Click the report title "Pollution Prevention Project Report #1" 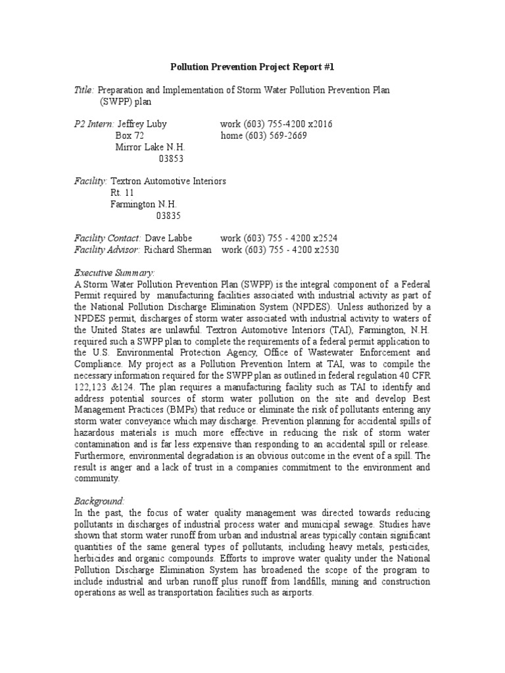click(252, 67)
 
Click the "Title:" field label click(85, 89)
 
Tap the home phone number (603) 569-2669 click(276, 136)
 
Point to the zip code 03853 click(172, 158)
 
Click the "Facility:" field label click(91, 181)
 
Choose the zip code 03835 click(168, 215)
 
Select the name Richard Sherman click(178, 250)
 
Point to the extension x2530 click(324, 250)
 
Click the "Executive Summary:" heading click(114, 272)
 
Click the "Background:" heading click(99, 501)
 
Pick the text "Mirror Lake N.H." click(150, 147)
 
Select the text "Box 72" click(130, 136)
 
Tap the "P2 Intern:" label click(94, 124)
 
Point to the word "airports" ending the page click(297, 593)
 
